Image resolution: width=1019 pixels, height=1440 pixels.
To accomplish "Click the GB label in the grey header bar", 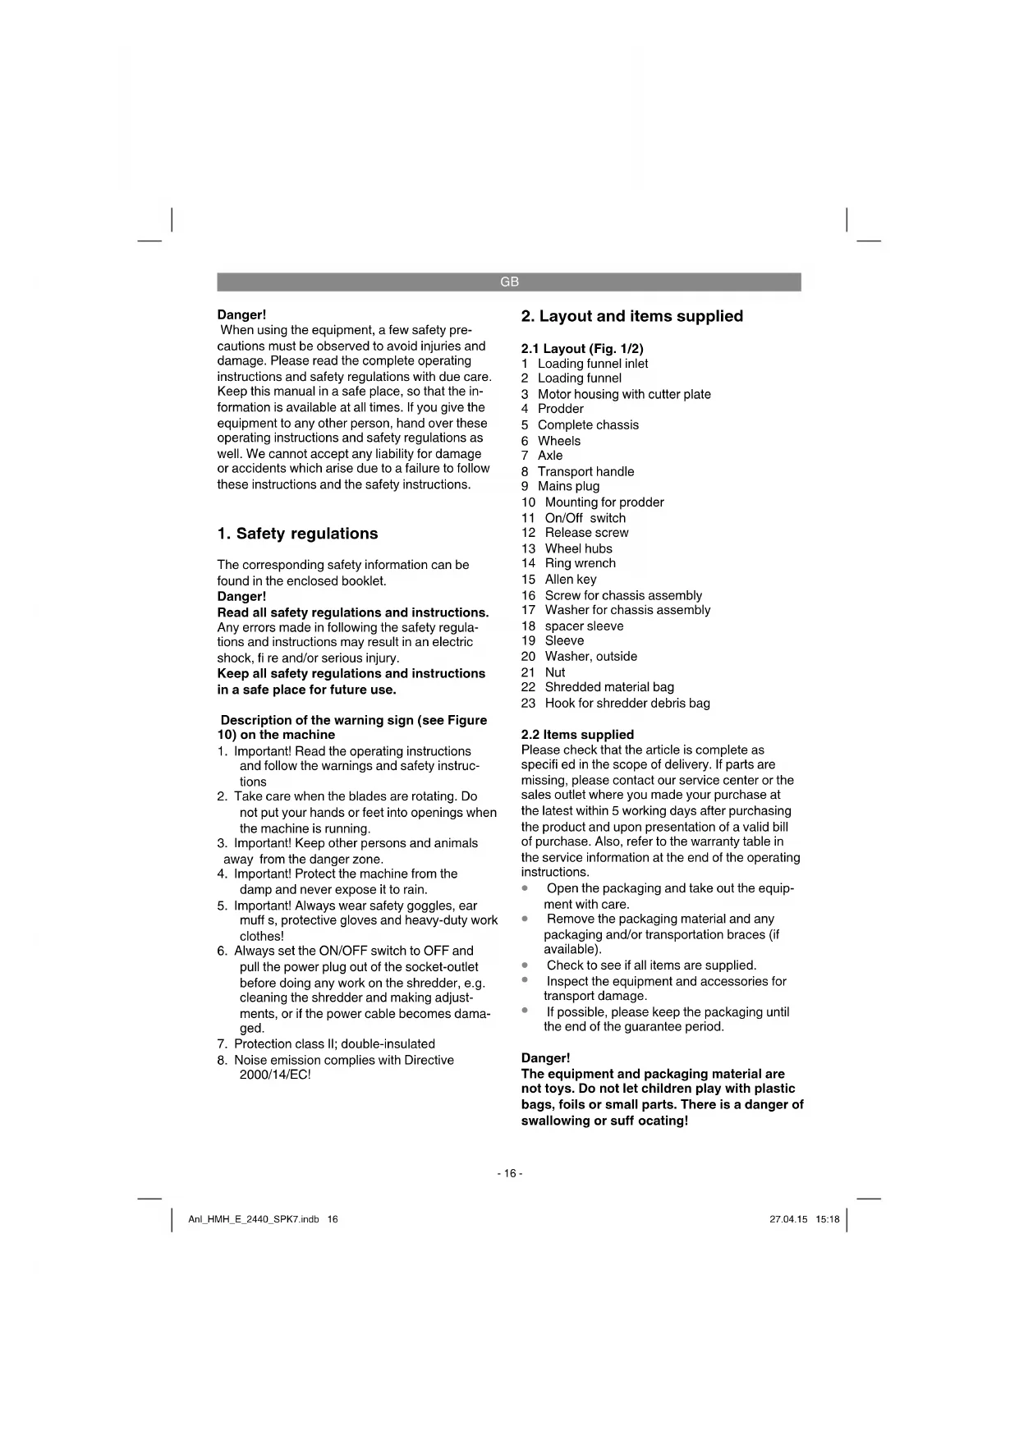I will [x=509, y=282].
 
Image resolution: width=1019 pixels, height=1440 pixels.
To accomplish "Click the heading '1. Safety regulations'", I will [x=297, y=534].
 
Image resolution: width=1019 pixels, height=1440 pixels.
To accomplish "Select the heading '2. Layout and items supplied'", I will [x=631, y=316].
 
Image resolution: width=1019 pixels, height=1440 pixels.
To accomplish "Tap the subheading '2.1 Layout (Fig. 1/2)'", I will [x=582, y=348].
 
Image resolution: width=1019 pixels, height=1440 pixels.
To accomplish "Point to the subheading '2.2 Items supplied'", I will [x=577, y=734].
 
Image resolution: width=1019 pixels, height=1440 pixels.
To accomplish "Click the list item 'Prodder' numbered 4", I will [x=560, y=409].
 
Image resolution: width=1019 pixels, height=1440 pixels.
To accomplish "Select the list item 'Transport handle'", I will [x=585, y=471].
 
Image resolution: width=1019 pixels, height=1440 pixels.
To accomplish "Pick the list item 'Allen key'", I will [x=571, y=579].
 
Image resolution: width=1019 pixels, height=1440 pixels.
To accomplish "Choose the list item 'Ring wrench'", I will [x=580, y=563].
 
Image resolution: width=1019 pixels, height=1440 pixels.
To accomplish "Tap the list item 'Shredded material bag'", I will [x=608, y=687].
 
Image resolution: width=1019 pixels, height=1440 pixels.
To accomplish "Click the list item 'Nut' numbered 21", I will [x=554, y=672].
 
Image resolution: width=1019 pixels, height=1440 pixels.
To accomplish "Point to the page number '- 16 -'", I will [x=509, y=1173].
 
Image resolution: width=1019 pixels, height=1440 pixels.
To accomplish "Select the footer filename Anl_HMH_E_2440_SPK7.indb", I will [x=254, y=1219].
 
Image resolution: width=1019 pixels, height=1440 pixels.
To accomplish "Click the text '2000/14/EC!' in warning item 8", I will [x=275, y=1075].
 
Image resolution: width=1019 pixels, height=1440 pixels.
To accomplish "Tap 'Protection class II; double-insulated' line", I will [x=334, y=1043].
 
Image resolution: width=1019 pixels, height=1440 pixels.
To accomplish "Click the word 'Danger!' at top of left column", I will [x=241, y=314].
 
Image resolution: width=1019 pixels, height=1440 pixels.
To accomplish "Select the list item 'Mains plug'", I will [x=568, y=486].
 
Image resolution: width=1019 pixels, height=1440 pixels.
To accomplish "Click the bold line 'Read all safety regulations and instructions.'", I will [x=352, y=612].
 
